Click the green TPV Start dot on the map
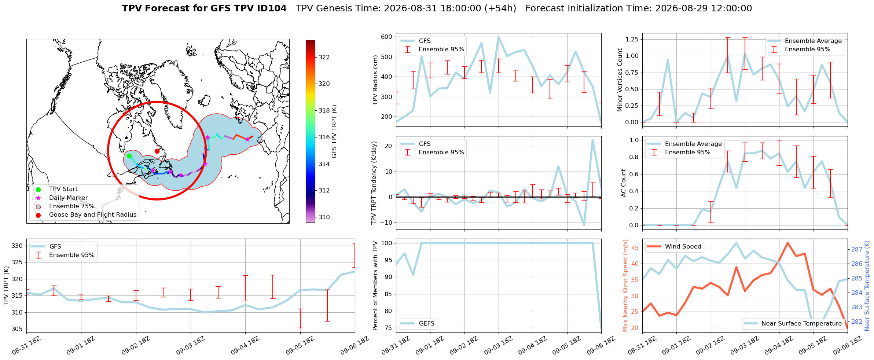tap(129, 156)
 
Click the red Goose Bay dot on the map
tap(157, 151)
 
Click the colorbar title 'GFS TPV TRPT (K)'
tap(334, 132)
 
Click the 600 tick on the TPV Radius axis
tap(387, 37)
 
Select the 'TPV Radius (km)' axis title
tap(375, 80)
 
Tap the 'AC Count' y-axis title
tap(624, 183)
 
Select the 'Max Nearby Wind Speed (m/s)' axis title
tap(626, 286)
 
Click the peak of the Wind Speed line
tap(787, 243)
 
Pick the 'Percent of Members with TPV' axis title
tap(375, 286)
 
